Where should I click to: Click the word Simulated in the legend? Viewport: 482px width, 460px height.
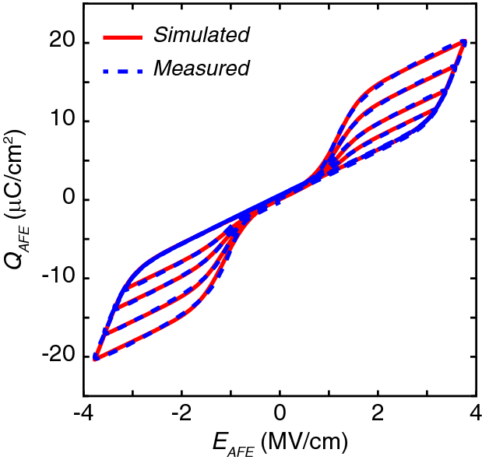pos(201,35)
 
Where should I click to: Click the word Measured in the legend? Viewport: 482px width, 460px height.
pos(201,68)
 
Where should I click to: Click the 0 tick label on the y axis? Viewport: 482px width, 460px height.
pos(65,200)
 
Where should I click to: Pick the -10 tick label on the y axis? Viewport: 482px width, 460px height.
pos(56,279)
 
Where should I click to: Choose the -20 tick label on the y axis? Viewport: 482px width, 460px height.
pos(56,356)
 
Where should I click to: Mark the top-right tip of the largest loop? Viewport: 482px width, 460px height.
pos(464,42)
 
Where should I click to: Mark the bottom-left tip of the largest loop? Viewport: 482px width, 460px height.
pos(95,358)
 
